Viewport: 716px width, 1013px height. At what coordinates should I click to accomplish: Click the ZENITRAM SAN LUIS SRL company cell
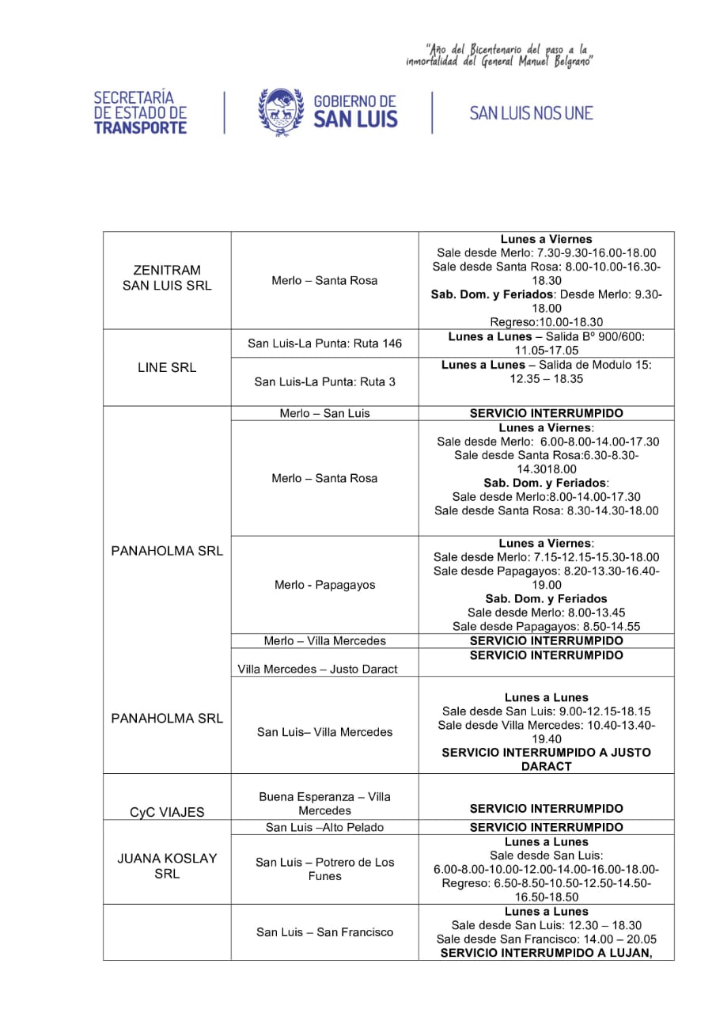point(167,279)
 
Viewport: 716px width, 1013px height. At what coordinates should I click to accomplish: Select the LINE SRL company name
point(167,368)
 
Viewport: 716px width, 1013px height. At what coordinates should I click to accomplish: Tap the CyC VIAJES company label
point(167,812)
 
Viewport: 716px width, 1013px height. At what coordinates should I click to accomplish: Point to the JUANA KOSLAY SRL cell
point(167,866)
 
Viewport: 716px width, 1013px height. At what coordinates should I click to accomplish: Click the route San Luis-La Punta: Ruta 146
point(324,343)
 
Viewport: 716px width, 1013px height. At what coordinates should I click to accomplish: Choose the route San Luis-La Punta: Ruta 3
point(324,381)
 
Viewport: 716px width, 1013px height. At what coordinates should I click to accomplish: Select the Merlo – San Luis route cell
point(324,413)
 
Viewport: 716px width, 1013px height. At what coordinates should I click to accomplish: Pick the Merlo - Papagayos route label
point(324,585)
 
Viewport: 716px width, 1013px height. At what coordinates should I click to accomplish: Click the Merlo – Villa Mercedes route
point(324,640)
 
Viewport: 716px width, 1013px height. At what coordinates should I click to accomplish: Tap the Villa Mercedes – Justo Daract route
point(317,669)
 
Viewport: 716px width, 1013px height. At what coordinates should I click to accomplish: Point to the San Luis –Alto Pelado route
point(324,827)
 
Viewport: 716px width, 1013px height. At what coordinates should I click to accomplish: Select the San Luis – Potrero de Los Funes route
point(324,869)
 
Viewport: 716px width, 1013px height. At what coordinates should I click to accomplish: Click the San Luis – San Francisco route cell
point(324,932)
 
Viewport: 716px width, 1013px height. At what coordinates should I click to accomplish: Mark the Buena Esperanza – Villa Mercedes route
point(324,803)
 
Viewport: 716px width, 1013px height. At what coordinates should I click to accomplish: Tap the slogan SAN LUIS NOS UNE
point(531,113)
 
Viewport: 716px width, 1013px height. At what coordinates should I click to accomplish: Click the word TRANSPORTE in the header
point(140,127)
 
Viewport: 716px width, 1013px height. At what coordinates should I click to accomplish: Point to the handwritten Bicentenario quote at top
point(500,55)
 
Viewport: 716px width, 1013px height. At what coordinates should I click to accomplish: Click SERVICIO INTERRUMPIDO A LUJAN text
point(546,953)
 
